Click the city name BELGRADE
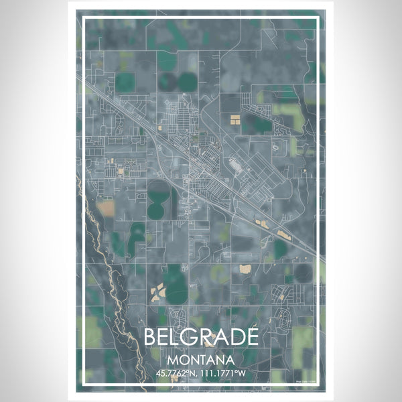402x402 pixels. pos(200,337)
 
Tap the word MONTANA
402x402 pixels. pos(200,358)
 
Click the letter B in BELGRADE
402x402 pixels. pos(151,337)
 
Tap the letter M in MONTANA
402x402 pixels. pos(176,358)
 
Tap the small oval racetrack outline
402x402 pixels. pos(275,146)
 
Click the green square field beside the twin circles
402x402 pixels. pos(125,82)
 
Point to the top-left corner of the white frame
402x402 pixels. pos(82,18)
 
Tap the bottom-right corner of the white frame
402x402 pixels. pos(319,385)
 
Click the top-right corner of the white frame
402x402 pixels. pos(319,18)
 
